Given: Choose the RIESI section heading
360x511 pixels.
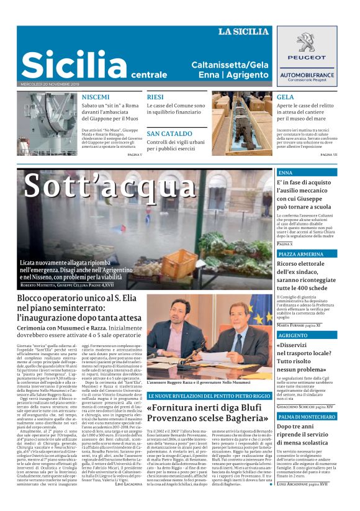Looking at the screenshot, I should tap(155, 97).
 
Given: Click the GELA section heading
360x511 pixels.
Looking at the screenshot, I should tap(286, 97).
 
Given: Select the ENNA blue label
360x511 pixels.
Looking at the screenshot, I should tap(286, 172).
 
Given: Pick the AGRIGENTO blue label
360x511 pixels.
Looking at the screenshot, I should tap(292, 335).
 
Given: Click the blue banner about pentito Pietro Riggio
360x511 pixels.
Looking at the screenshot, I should tap(209, 396).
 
